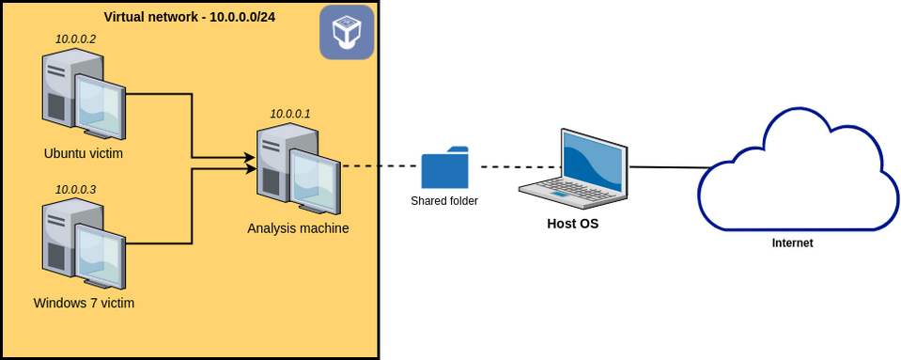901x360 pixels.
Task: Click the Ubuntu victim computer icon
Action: (84, 95)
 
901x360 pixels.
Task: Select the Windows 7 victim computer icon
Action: (84, 244)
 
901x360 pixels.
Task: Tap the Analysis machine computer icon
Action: (298, 169)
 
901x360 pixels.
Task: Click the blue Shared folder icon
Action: (444, 168)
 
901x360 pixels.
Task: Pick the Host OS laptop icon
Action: (574, 169)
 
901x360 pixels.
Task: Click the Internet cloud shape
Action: (797, 174)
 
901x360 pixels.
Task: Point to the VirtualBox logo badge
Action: (347, 32)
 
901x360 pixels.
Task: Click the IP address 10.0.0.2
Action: (75, 39)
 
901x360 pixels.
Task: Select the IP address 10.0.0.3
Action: (75, 189)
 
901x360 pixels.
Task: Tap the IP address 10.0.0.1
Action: (290, 114)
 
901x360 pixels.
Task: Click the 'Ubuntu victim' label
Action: (84, 153)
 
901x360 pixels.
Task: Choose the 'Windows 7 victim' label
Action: (84, 303)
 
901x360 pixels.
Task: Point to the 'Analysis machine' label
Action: (298, 227)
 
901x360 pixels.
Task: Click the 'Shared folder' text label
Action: (444, 201)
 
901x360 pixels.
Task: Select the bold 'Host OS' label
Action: (573, 224)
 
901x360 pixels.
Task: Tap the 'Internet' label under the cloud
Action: (792, 243)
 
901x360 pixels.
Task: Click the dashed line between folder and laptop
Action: (515, 167)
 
